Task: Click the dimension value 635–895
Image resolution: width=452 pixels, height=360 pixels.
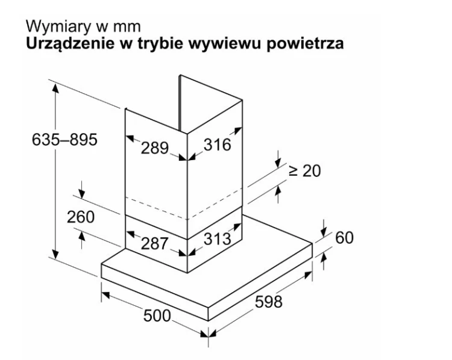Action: click(64, 140)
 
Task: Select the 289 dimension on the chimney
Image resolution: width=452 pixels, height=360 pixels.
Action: click(154, 148)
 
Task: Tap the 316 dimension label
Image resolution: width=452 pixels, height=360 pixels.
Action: click(218, 144)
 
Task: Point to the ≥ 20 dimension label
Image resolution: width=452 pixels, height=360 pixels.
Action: click(305, 171)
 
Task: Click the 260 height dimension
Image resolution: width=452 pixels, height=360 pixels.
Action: click(81, 217)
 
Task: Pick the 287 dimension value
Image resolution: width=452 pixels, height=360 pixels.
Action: click(154, 243)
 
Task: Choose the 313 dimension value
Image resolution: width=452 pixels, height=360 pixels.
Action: click(218, 239)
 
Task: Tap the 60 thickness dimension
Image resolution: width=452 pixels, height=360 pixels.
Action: click(344, 238)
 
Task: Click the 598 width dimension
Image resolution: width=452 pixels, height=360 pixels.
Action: click(269, 302)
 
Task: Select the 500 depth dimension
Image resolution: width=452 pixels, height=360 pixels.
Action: click(157, 315)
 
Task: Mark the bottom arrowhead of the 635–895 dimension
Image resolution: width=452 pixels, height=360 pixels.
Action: click(55, 253)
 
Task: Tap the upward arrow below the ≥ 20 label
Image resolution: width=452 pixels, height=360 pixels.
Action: click(278, 194)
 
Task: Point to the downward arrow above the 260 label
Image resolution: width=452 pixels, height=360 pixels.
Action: click(82, 190)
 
